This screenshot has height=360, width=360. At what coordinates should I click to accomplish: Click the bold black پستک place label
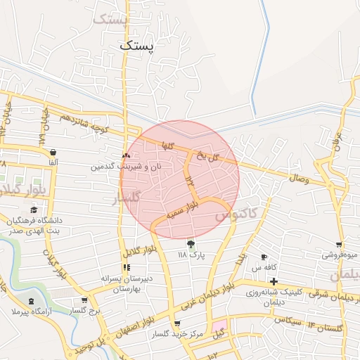[x=136, y=45]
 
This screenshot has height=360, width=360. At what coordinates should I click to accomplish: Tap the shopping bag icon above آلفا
[x=53, y=151]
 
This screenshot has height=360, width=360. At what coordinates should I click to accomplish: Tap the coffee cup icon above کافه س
[x=264, y=257]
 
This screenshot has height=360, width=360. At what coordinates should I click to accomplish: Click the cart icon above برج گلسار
[x=84, y=300]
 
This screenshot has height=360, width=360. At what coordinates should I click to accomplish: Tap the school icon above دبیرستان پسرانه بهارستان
[x=127, y=267]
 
